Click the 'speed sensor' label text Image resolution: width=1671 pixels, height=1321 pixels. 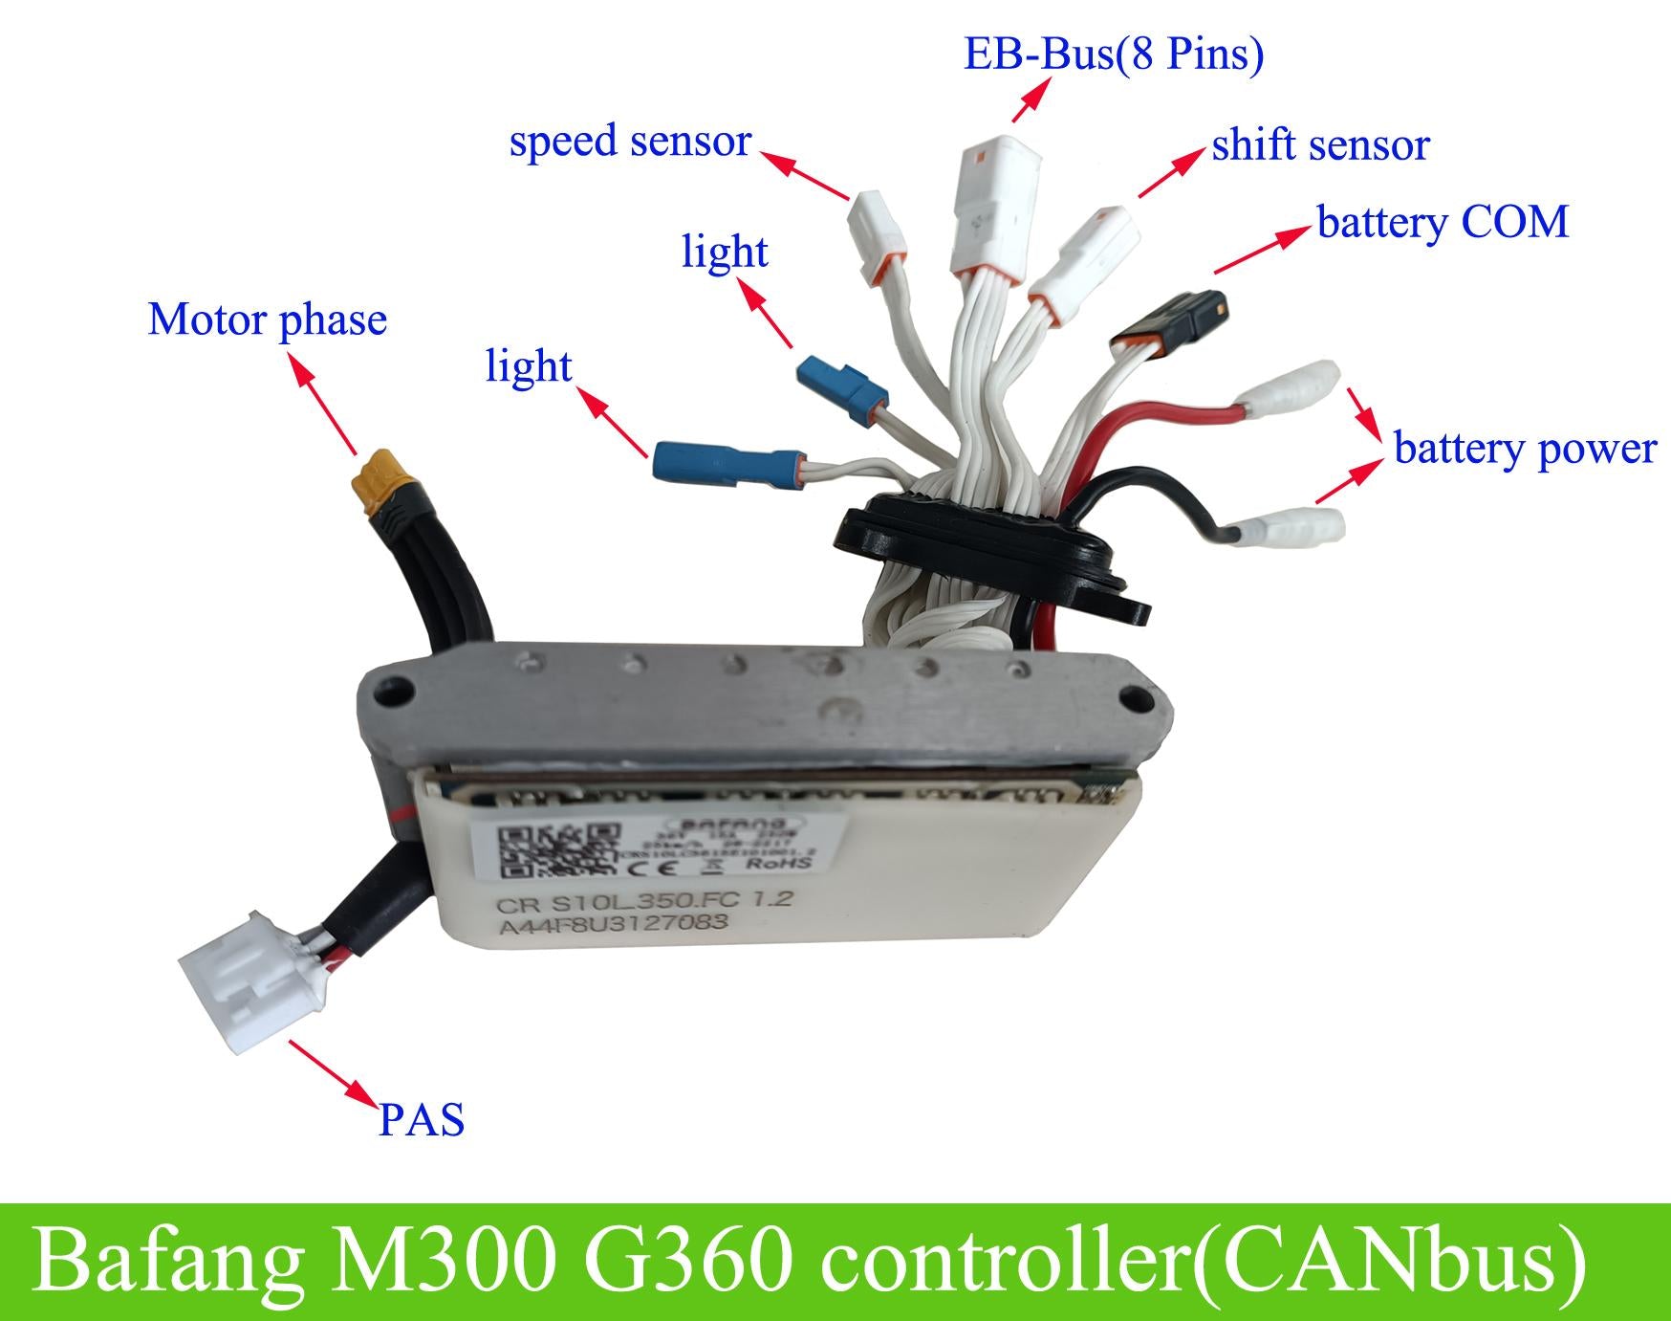(x=630, y=142)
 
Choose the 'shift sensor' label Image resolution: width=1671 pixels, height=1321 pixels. (x=1320, y=145)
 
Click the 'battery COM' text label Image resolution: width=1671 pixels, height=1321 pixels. (x=1443, y=223)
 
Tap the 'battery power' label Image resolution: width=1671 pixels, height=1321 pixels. (x=1524, y=448)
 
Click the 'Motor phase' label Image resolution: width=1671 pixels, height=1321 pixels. (x=268, y=319)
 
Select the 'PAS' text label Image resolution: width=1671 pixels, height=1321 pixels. (x=422, y=1119)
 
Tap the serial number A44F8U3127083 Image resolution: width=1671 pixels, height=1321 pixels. (x=612, y=925)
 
